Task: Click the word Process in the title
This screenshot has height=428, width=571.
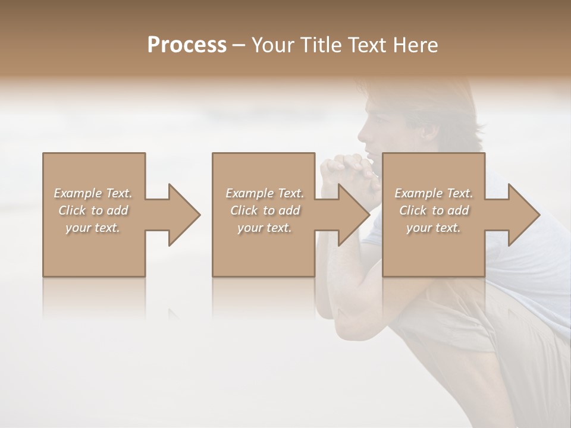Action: [x=187, y=45]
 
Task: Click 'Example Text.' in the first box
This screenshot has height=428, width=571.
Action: [x=93, y=193]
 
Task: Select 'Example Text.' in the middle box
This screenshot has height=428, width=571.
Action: [x=265, y=193]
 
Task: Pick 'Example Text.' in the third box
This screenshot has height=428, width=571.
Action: [x=434, y=193]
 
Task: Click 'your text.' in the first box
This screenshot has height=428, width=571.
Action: [x=93, y=228]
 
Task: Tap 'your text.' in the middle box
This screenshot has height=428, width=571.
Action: [x=265, y=228]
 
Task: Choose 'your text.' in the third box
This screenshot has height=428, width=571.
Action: [x=434, y=228]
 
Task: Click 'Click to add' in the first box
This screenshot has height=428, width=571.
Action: [x=93, y=210]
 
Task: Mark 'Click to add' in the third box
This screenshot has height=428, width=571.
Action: [x=434, y=210]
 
